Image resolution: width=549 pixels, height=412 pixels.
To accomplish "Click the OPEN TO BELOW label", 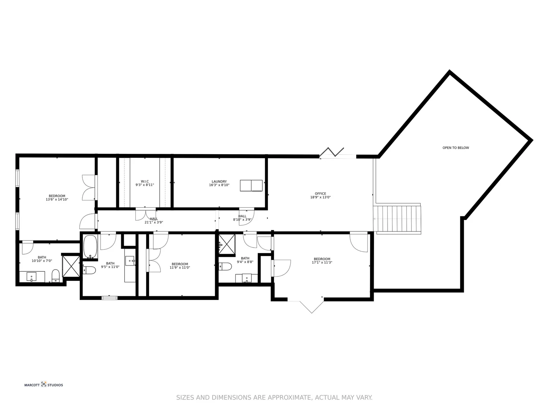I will click(455, 148).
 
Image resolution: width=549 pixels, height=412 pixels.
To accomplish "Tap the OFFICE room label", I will click(320, 194).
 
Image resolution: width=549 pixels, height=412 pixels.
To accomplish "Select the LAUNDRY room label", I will click(219, 182).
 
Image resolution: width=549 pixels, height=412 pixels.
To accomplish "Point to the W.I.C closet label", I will click(145, 182).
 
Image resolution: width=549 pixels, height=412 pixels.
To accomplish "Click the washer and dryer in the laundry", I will click(251, 186).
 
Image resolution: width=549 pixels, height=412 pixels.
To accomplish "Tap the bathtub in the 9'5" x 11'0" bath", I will click(90, 247).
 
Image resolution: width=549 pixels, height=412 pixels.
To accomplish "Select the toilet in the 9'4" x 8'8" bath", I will click(225, 267).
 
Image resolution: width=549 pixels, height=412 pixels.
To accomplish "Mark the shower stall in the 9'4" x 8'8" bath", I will click(227, 244).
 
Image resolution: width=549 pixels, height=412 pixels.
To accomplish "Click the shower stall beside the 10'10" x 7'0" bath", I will click(71, 266).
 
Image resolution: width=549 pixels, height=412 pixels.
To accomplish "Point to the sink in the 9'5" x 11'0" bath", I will click(130, 261).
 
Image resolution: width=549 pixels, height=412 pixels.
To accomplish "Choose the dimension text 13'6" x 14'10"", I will click(57, 200).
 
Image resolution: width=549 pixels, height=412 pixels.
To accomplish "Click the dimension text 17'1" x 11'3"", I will click(322, 263).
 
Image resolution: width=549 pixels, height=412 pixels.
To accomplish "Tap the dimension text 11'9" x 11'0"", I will click(180, 268).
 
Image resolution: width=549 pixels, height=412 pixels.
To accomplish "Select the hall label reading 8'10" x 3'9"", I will click(242, 220).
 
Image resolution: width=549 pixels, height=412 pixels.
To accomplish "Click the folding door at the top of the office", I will click(332, 152).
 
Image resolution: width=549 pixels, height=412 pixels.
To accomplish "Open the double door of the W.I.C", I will click(146, 214).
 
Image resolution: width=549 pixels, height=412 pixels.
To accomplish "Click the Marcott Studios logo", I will click(44, 385).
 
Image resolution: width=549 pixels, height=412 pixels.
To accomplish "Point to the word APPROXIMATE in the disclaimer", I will click(290, 397).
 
